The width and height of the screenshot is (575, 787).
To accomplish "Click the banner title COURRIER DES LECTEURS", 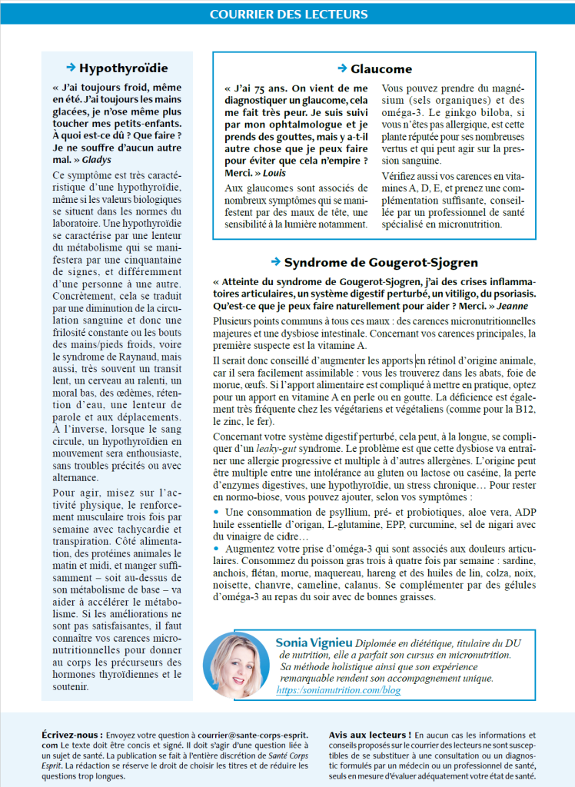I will [288, 14].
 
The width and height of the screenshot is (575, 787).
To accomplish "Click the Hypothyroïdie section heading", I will [123, 68].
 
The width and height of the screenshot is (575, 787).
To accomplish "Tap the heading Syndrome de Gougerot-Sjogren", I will [381, 262].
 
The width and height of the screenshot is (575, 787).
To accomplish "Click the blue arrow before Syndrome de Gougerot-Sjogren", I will [276, 262].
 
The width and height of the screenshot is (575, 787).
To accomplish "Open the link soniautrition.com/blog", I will [338, 690].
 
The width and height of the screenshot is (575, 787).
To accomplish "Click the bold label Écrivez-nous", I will [71, 735].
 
